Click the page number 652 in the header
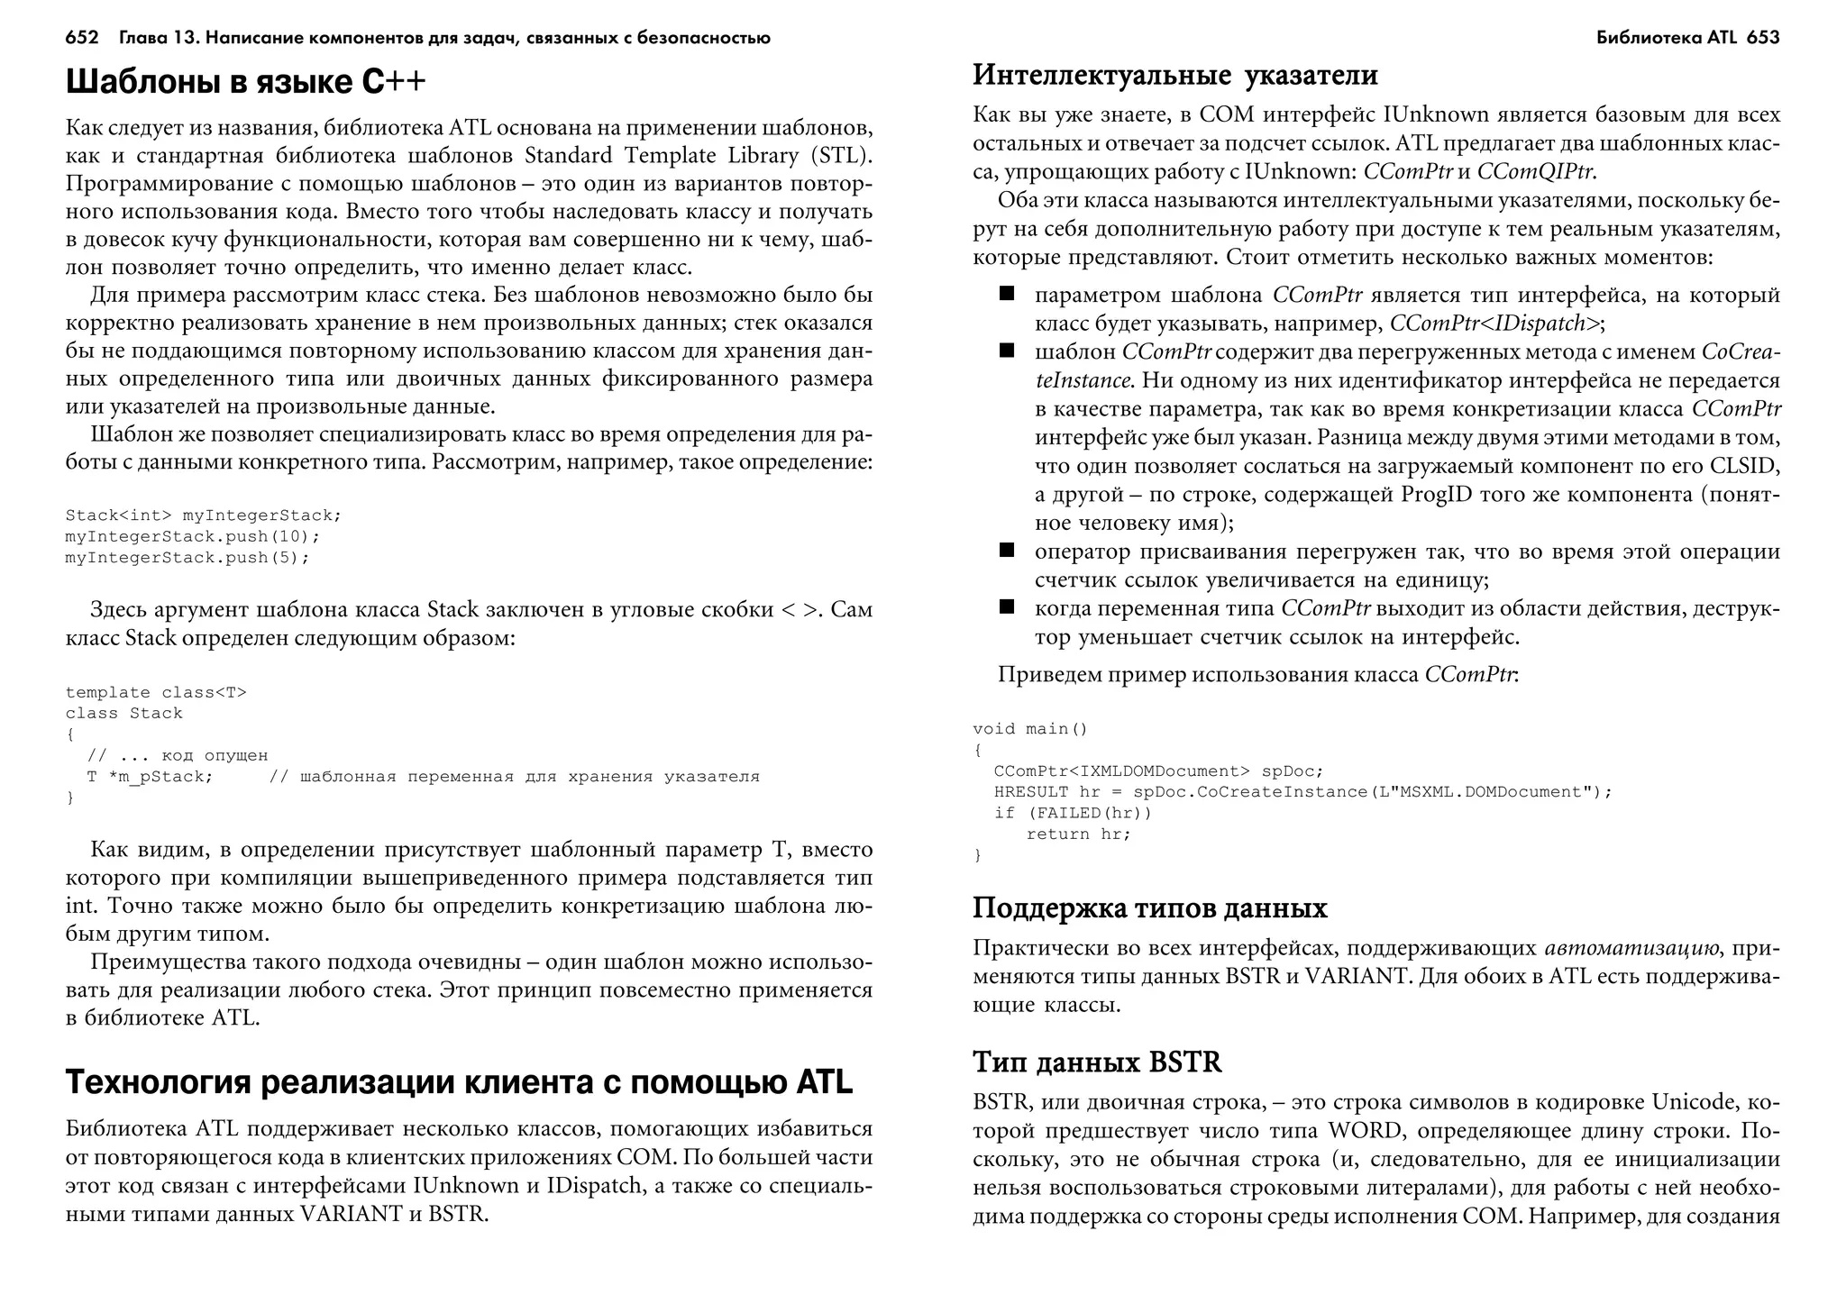[81, 38]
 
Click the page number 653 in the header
[1762, 38]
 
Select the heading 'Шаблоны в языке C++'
[245, 82]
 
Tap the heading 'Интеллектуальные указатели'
[1175, 75]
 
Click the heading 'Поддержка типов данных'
[1149, 907]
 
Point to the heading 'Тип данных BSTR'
[1097, 1062]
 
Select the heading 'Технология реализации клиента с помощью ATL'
[459, 1082]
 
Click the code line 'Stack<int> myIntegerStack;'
[203, 515]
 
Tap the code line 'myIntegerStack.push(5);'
[187, 558]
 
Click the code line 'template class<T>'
[155, 692]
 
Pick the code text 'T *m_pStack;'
[150, 777]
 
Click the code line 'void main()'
[1030, 728]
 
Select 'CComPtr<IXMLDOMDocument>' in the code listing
[1121, 771]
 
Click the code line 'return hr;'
[1078, 834]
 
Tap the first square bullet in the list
[1007, 294]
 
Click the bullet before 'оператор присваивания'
[1007, 550]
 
